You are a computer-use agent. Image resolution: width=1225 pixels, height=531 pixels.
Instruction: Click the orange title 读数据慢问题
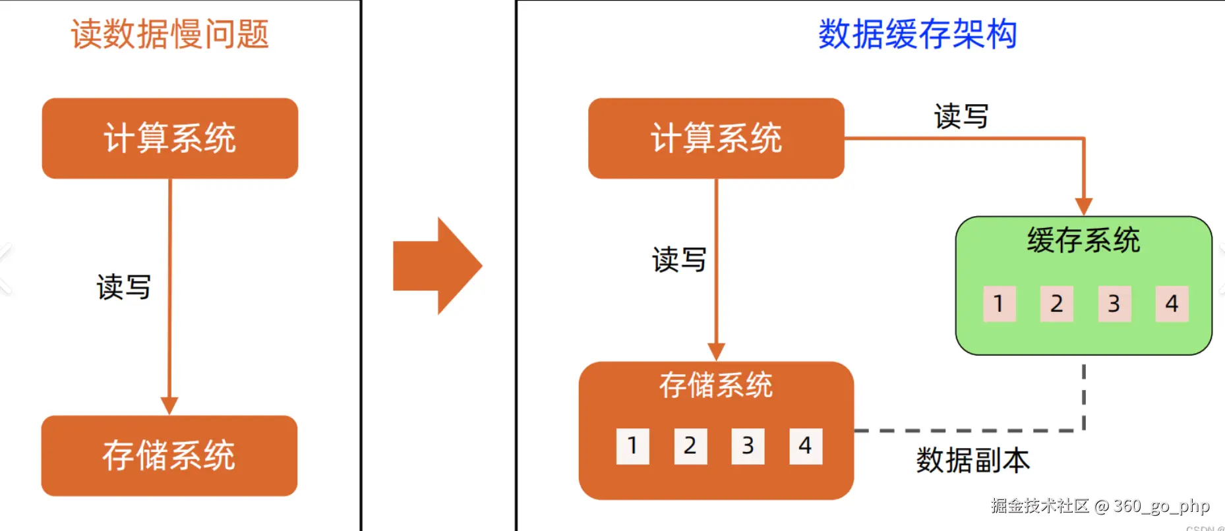[169, 34]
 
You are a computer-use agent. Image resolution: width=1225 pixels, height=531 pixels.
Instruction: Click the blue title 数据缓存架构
[917, 34]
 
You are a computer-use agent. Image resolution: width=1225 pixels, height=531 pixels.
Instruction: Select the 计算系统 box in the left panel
[169, 138]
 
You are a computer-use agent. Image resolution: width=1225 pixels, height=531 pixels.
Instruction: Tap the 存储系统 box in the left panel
[169, 455]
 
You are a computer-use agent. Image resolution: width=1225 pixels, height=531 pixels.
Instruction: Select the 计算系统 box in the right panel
[716, 138]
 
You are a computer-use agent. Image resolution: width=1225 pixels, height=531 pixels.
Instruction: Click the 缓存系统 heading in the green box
[1083, 240]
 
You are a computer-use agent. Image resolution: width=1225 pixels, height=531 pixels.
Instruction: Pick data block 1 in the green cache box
[999, 304]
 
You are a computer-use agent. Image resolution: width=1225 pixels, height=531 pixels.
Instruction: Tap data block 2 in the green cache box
[1056, 304]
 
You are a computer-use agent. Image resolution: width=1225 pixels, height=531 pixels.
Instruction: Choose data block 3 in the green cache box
[1114, 304]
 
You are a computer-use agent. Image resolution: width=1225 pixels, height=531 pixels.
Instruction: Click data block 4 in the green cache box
[1172, 304]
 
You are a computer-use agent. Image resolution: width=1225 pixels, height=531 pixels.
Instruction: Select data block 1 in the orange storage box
[632, 446]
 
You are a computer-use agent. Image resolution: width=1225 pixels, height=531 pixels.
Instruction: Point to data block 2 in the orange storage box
[690, 446]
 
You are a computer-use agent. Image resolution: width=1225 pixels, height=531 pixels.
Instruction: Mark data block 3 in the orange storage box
[748, 446]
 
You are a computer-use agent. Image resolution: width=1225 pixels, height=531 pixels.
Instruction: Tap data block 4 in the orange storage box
[806, 446]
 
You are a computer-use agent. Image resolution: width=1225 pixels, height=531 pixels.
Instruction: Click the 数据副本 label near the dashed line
[972, 460]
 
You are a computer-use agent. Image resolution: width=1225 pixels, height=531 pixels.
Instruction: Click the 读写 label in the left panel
[123, 287]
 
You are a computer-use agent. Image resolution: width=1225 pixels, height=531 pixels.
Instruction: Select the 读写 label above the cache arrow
[961, 117]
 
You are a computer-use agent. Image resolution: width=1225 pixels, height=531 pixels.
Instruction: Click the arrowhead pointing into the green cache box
[1083, 207]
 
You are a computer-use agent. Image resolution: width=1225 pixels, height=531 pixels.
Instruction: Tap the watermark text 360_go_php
[1161, 506]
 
